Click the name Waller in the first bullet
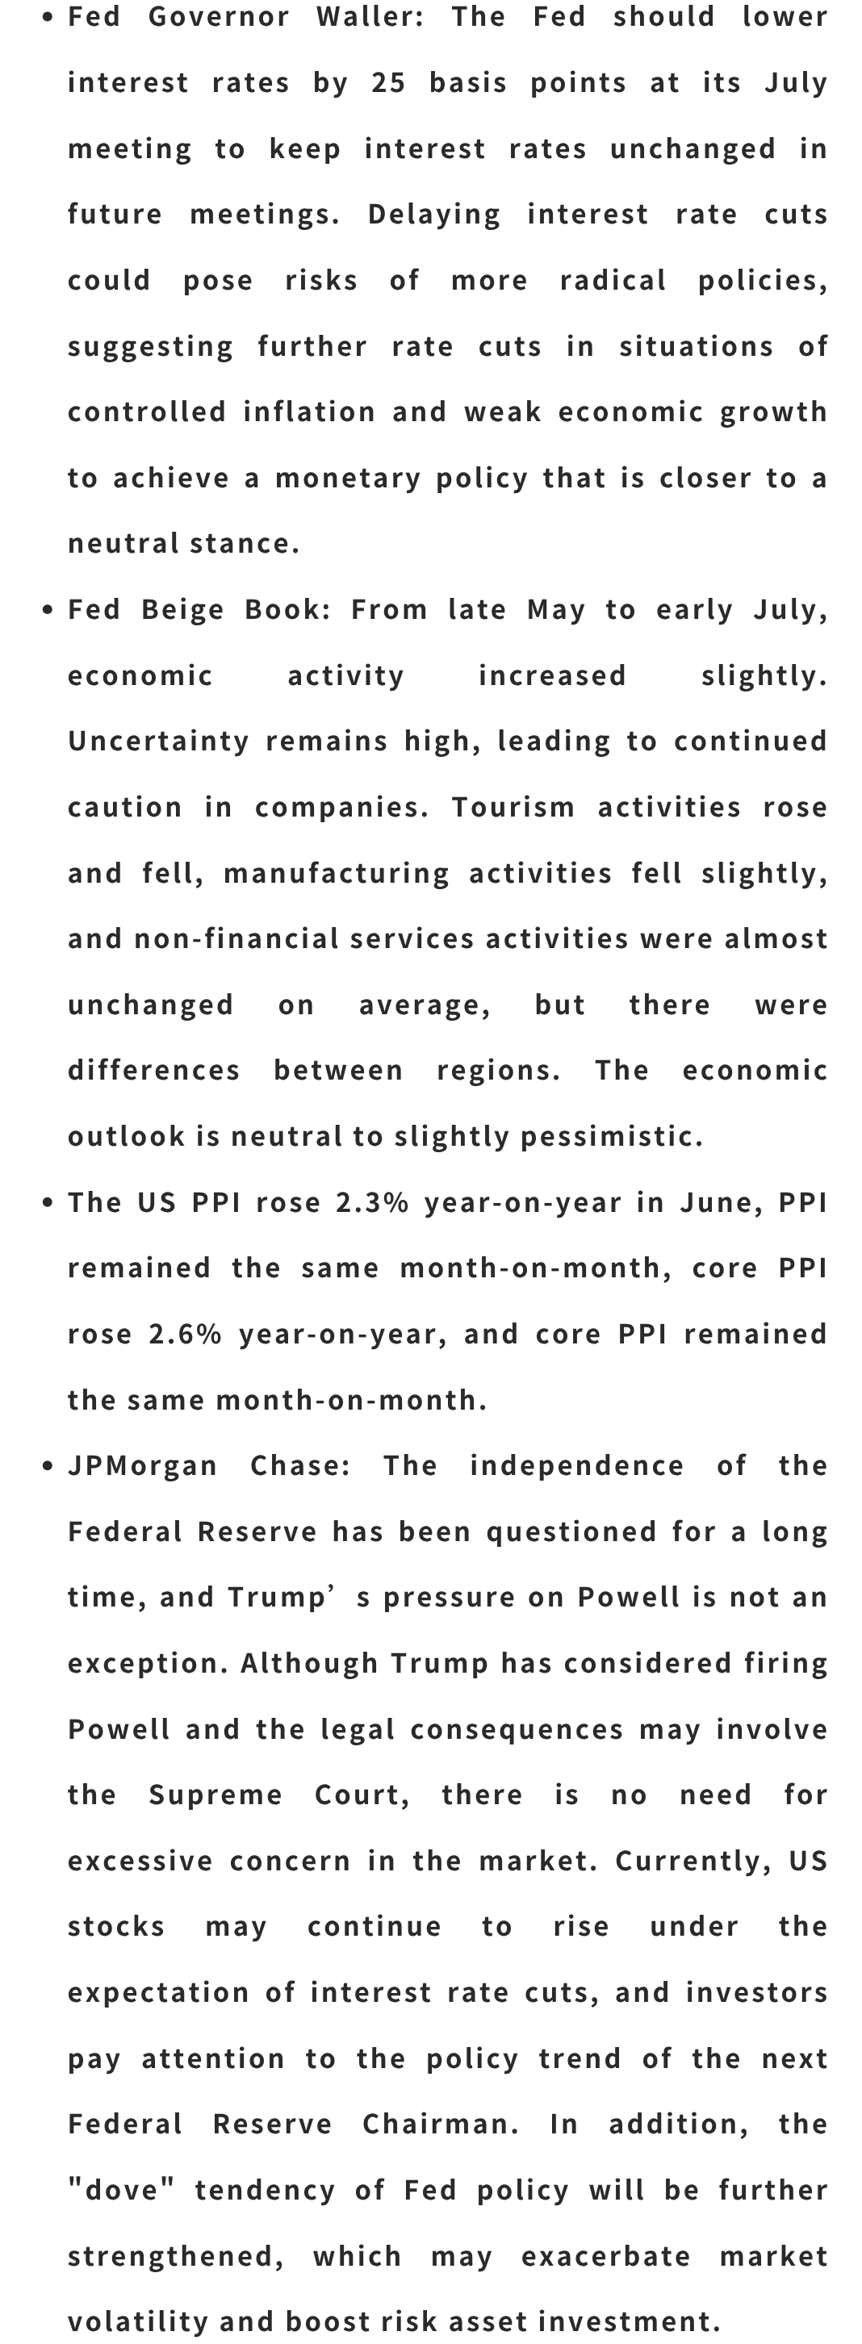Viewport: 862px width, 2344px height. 370,17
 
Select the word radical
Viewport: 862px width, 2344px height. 613,280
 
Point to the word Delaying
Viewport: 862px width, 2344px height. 434,215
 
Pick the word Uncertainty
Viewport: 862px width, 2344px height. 158,742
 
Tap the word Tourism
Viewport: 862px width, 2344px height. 513,807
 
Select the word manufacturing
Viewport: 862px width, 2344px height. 337,874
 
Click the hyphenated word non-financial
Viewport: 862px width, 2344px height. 236,939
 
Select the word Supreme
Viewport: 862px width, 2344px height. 215,1795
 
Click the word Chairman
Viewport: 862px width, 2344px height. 441,2125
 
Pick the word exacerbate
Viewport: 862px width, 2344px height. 606,2257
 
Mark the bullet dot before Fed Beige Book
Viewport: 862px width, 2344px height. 48,611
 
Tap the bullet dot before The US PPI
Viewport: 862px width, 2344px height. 48,1203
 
